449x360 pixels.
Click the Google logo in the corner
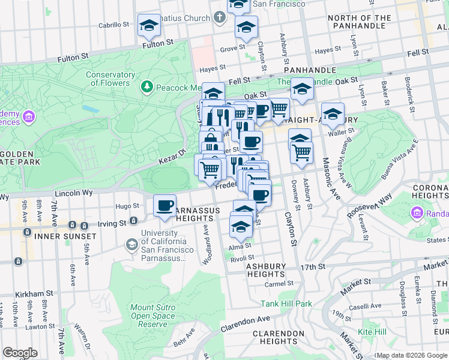coord(20,353)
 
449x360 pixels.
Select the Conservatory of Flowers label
coord(110,79)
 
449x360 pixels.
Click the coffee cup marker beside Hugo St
coord(164,206)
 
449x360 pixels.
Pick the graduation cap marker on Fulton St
coord(148,26)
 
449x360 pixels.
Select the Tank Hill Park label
coord(286,304)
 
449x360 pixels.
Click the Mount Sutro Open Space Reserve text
coord(153,316)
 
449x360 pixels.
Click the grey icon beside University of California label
coord(131,244)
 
